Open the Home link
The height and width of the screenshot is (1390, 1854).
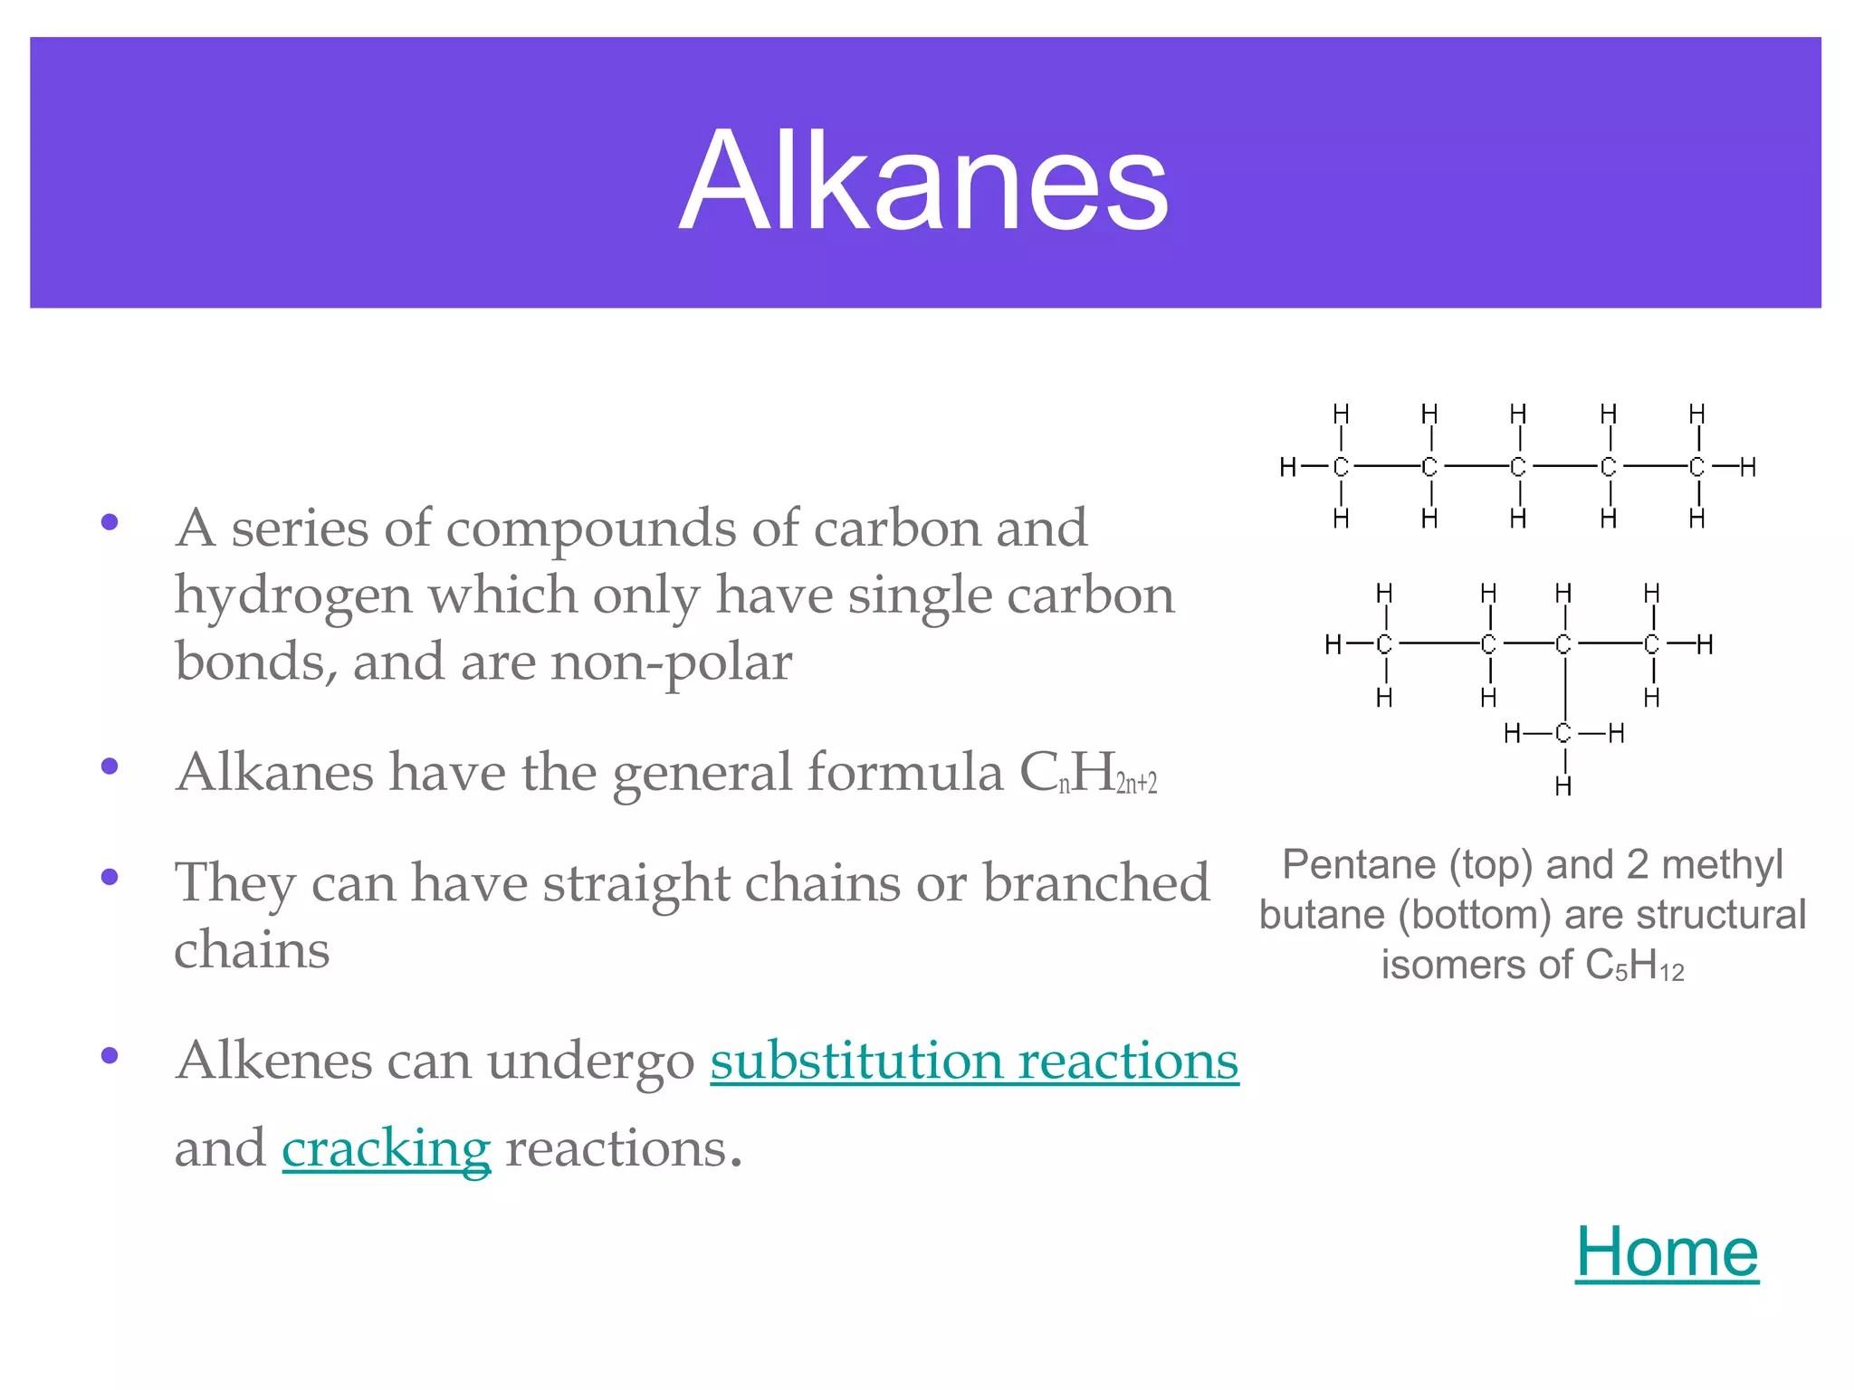pyautogui.click(x=1667, y=1252)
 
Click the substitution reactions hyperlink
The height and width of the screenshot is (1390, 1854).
pyautogui.click(x=974, y=1061)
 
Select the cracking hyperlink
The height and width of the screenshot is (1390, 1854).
pyautogui.click(x=386, y=1149)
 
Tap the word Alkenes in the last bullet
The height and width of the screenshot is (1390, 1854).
pyautogui.click(x=273, y=1061)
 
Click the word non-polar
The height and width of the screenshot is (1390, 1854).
pyautogui.click(x=671, y=662)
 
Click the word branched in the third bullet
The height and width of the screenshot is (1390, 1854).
pyautogui.click(x=1096, y=883)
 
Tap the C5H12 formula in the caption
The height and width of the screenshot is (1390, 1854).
pyautogui.click(x=1635, y=966)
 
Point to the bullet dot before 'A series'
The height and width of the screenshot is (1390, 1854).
pyautogui.click(x=110, y=522)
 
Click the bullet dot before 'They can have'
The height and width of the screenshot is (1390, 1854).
pyautogui.click(x=110, y=877)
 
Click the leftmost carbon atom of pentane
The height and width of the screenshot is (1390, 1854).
pyautogui.click(x=1341, y=467)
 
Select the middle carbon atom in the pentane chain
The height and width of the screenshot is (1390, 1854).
pyautogui.click(x=1518, y=467)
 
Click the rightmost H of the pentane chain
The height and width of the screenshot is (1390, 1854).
pyautogui.click(x=1748, y=467)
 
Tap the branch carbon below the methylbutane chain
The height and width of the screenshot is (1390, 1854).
pyautogui.click(x=1563, y=733)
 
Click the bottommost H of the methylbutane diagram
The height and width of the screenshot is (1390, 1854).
pyautogui.click(x=1563, y=786)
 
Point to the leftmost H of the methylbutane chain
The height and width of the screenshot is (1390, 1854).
pyautogui.click(x=1333, y=644)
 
